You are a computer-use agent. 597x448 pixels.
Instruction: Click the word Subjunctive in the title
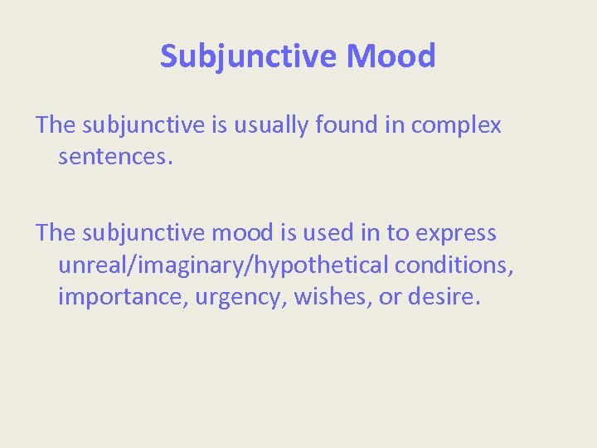click(x=249, y=56)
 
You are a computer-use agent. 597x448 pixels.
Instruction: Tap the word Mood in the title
click(x=391, y=56)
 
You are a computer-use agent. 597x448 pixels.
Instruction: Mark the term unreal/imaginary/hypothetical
click(x=223, y=265)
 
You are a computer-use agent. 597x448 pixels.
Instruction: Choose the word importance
click(x=123, y=296)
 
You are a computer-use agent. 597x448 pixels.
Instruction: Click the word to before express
click(x=398, y=233)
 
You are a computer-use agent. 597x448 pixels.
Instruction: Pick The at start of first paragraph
click(x=56, y=125)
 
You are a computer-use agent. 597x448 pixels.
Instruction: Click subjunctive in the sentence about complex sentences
click(x=143, y=125)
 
